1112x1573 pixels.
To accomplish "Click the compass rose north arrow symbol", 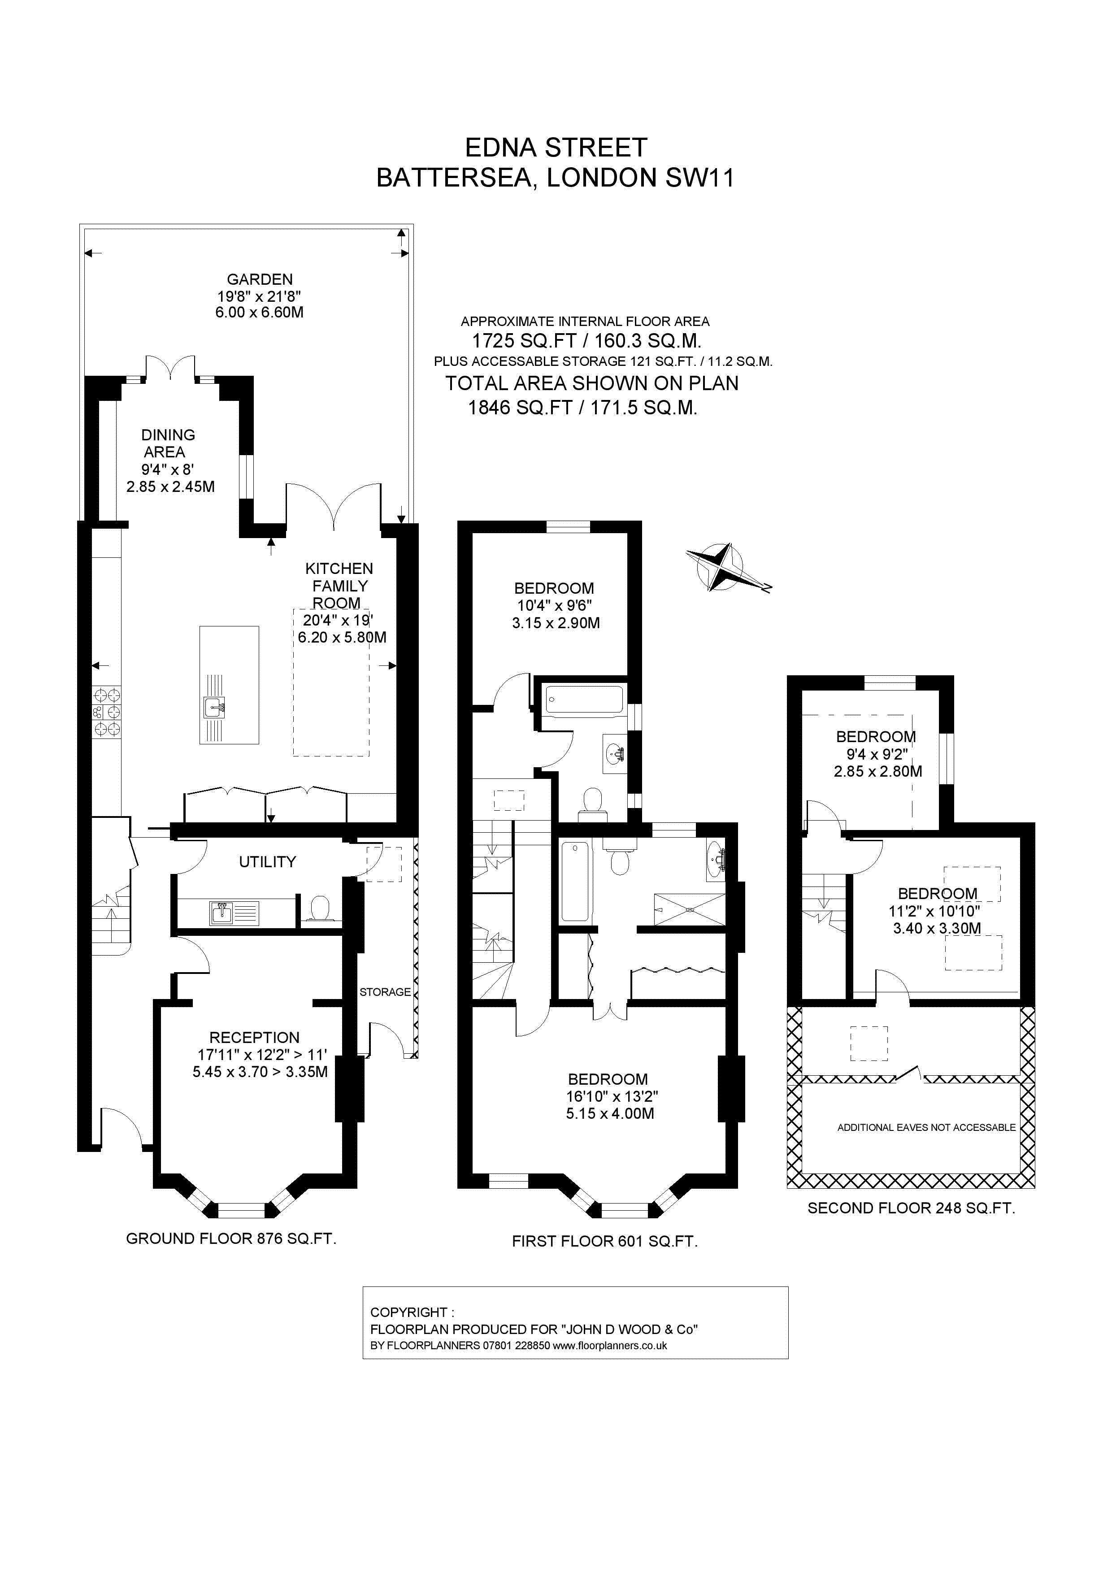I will click(x=719, y=567).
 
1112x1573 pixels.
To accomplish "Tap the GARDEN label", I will click(x=260, y=279).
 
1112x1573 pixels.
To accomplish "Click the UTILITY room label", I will click(x=267, y=862).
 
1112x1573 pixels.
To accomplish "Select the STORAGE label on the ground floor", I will click(x=385, y=992).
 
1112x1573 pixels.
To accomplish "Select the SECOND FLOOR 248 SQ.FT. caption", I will click(x=911, y=1208).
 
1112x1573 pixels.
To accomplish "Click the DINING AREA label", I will click(x=167, y=443).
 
